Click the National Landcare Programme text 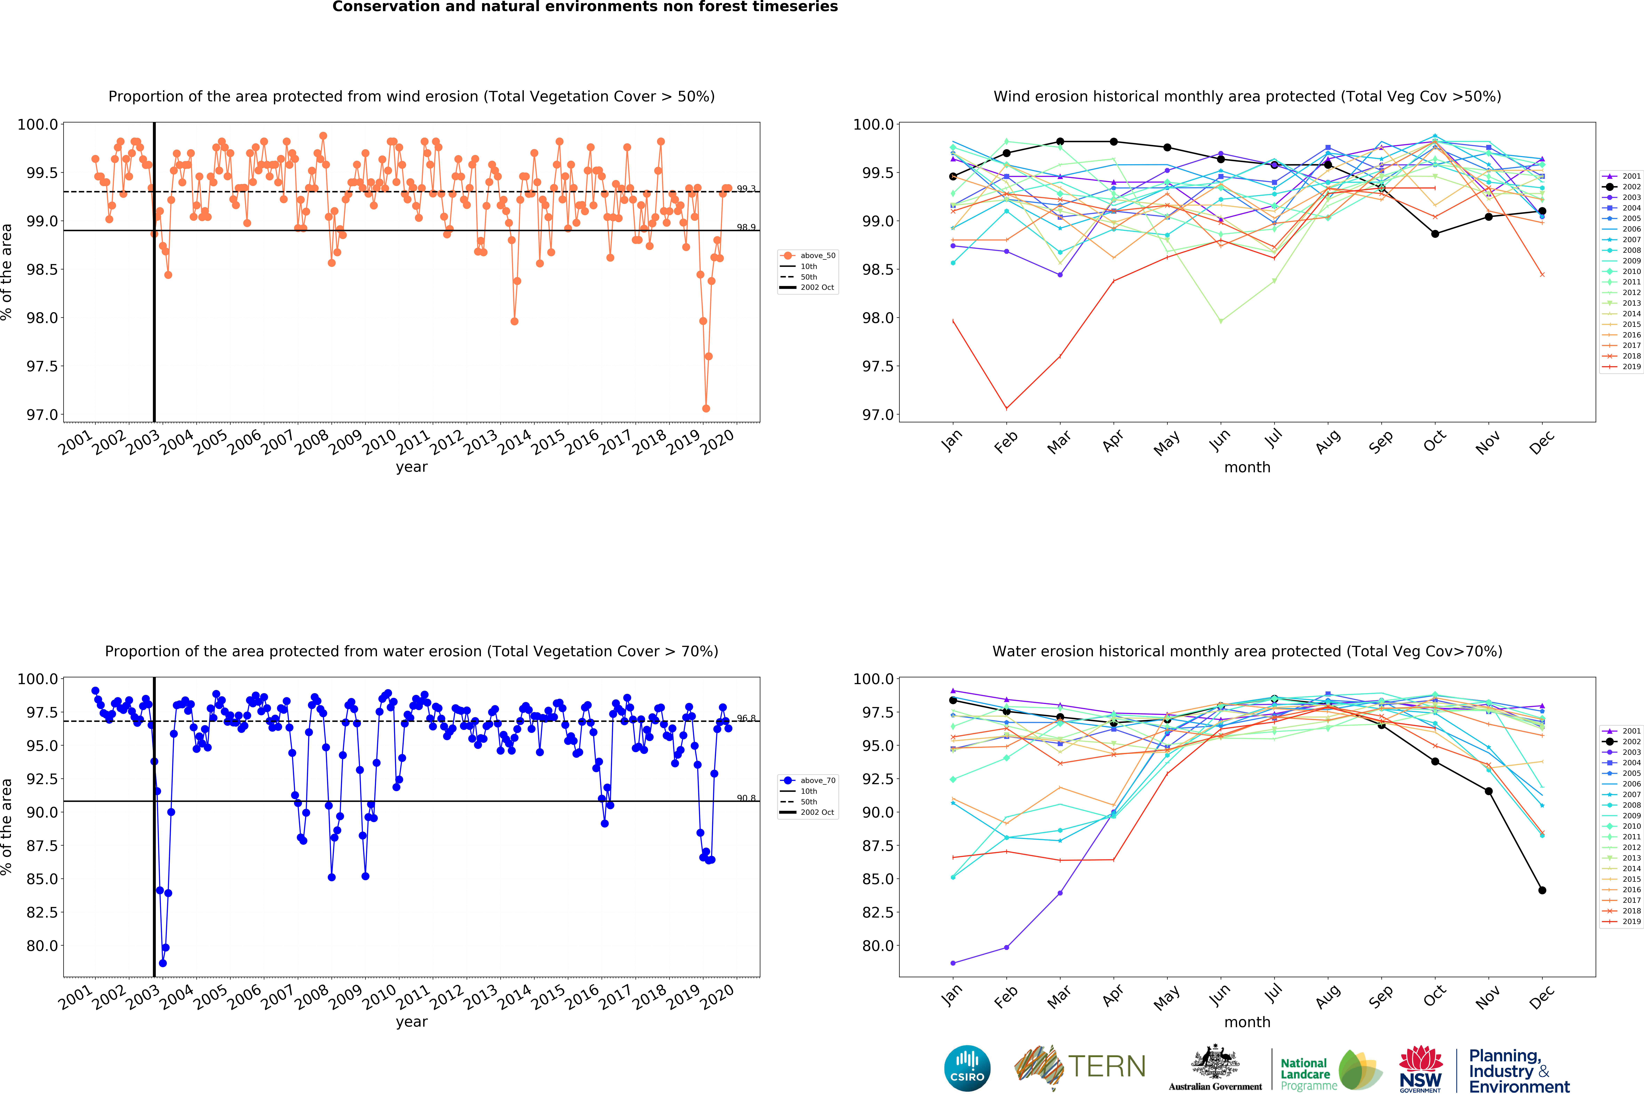point(1308,1074)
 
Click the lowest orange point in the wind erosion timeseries point(705,408)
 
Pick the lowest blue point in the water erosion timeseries point(163,963)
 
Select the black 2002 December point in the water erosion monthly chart point(1542,890)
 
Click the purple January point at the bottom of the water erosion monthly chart point(953,963)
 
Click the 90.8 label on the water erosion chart point(746,798)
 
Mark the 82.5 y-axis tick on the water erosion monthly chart point(877,912)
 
